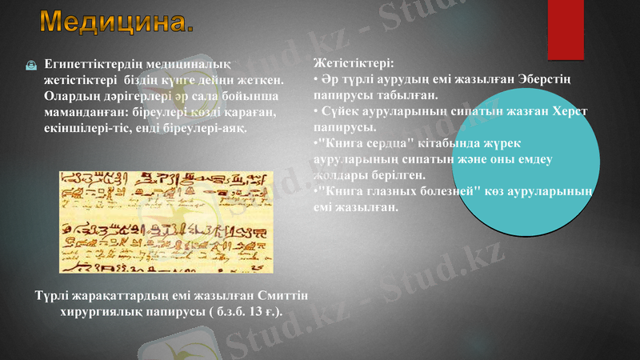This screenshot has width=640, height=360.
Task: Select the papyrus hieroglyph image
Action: [x=166, y=221]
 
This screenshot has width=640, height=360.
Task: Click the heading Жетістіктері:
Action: [x=353, y=61]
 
